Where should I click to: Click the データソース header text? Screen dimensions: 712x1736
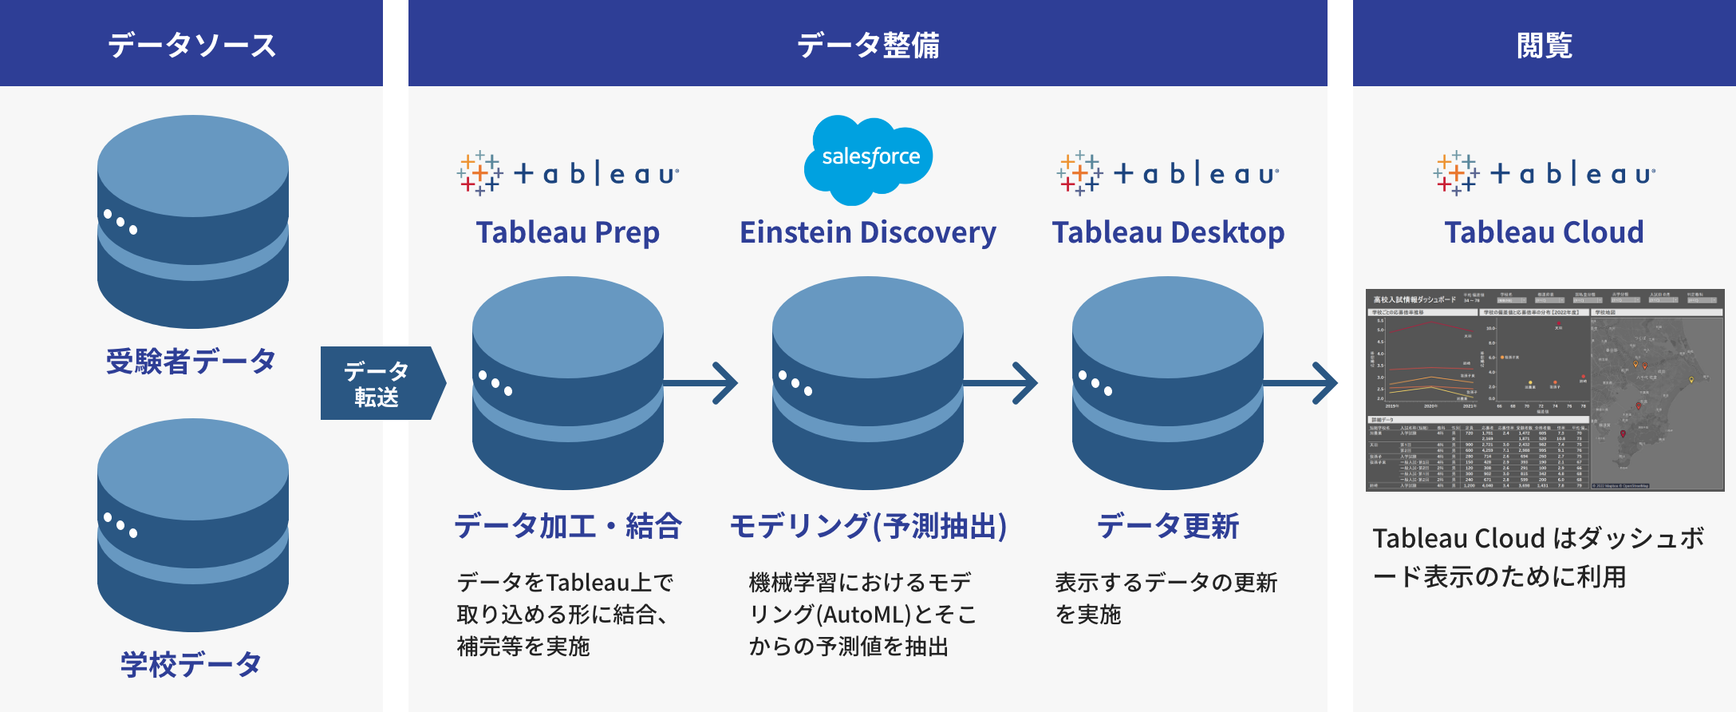[191, 45]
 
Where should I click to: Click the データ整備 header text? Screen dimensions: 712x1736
[868, 45]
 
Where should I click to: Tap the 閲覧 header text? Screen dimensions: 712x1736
[1544, 45]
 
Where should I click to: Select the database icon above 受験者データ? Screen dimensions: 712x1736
[193, 221]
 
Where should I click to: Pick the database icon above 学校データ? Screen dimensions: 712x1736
[193, 524]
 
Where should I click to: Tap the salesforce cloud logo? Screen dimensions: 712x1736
[870, 158]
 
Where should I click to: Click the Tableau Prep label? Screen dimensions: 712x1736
[568, 232]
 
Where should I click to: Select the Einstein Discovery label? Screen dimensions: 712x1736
[868, 232]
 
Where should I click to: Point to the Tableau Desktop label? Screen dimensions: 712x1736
[1168, 232]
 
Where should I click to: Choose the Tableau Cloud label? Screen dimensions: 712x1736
[1544, 232]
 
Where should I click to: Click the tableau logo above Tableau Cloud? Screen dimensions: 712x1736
[1544, 173]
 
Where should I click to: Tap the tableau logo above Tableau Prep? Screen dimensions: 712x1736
[568, 173]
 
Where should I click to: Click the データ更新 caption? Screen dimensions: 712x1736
[1168, 526]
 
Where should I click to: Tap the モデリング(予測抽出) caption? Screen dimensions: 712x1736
[868, 526]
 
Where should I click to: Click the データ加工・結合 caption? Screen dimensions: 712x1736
[568, 526]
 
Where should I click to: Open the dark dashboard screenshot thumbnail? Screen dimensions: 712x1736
[1545, 390]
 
